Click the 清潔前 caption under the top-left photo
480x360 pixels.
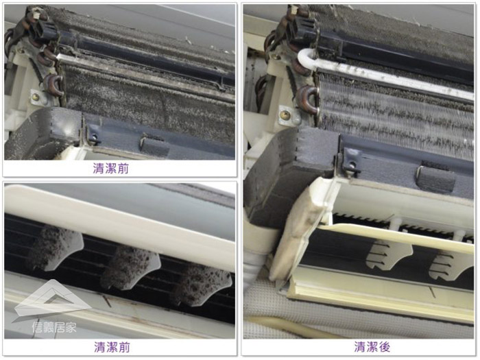111,169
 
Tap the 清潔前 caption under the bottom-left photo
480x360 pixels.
112,347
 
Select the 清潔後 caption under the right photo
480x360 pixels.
372,347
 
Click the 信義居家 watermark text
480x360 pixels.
54,328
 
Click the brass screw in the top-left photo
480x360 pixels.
36,97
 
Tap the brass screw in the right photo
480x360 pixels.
285,115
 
